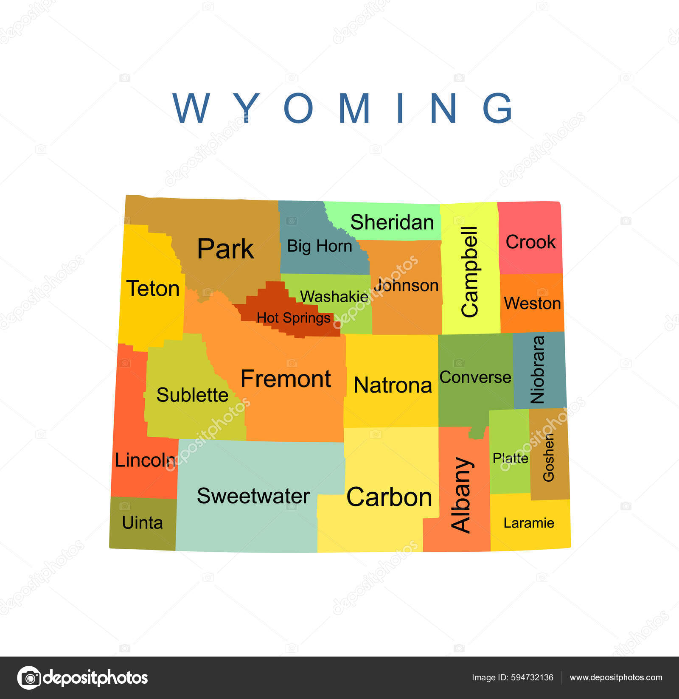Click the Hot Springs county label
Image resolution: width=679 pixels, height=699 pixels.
pyautogui.click(x=293, y=317)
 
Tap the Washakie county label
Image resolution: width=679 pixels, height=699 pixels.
pyautogui.click(x=334, y=296)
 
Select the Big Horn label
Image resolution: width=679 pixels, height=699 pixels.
pyautogui.click(x=320, y=246)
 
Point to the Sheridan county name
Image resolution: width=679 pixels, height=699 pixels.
pyautogui.click(x=392, y=222)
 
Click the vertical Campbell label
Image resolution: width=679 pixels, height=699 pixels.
pyautogui.click(x=470, y=272)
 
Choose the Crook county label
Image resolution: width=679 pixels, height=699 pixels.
pyautogui.click(x=530, y=242)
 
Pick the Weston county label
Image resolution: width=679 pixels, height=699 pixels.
pyautogui.click(x=532, y=303)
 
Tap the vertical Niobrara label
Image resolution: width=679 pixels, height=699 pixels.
pyautogui.click(x=538, y=369)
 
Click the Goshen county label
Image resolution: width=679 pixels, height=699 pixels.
pyautogui.click(x=548, y=457)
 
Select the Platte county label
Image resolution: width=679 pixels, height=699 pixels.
pyautogui.click(x=510, y=458)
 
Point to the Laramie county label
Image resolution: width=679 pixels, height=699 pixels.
pyautogui.click(x=529, y=523)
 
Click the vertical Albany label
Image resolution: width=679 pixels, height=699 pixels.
pyautogui.click(x=461, y=495)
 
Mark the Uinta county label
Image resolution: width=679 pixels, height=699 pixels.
pyautogui.click(x=142, y=522)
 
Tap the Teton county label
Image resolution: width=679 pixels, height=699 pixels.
pyautogui.click(x=153, y=289)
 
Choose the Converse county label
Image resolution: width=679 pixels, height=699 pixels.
pyautogui.click(x=475, y=377)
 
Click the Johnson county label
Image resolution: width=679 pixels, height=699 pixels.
pyautogui.click(x=407, y=285)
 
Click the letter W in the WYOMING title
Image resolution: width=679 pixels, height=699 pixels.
pyautogui.click(x=191, y=108)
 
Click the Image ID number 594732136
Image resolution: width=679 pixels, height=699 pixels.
pyautogui.click(x=532, y=677)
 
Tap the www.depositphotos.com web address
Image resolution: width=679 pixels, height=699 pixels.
pyautogui.click(x=616, y=677)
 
